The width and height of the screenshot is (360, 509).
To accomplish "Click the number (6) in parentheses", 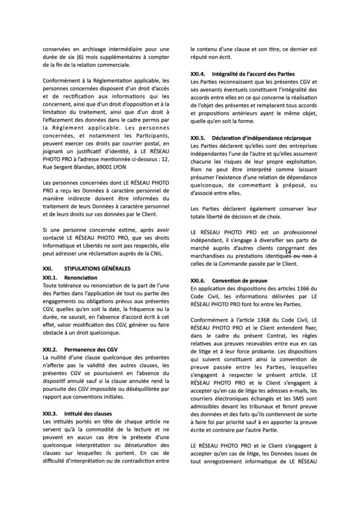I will pyautogui.click(x=74, y=57).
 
